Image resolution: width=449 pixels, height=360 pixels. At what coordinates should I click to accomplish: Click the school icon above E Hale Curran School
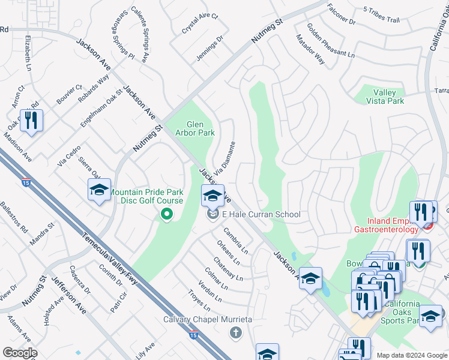(212, 196)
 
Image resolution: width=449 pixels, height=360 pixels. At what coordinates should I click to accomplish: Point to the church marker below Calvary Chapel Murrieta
(235, 332)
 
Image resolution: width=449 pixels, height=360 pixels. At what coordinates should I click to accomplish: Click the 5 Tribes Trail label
(381, 20)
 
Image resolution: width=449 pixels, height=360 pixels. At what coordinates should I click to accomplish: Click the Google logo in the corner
(20, 353)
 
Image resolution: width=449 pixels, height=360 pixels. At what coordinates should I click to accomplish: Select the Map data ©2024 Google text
(411, 355)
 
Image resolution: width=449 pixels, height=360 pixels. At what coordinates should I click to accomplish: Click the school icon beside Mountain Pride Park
(99, 191)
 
